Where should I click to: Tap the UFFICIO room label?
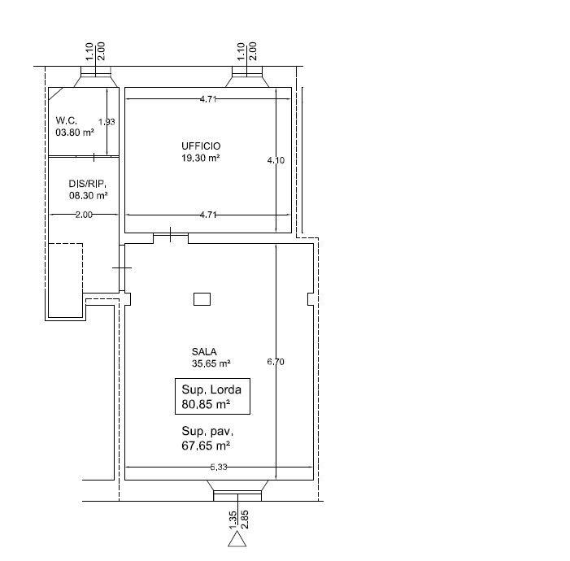point(201,146)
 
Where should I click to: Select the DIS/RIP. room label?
point(87,184)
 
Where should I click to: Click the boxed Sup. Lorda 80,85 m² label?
point(211,396)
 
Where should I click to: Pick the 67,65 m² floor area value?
point(206,446)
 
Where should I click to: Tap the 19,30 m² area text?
point(201,159)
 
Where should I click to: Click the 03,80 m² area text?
point(75,132)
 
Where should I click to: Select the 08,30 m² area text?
point(88,195)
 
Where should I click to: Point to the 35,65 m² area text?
point(211,363)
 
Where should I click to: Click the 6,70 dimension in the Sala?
point(276,362)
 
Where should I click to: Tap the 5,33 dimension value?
point(219,467)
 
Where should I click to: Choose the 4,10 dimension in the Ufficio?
point(276,161)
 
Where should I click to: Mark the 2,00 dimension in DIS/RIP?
point(84,215)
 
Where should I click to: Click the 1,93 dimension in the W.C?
point(107,122)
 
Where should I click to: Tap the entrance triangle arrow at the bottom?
point(237,538)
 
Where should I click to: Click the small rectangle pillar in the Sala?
point(202,299)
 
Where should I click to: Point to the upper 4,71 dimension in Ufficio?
point(209,99)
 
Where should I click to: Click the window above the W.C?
point(96,79)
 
